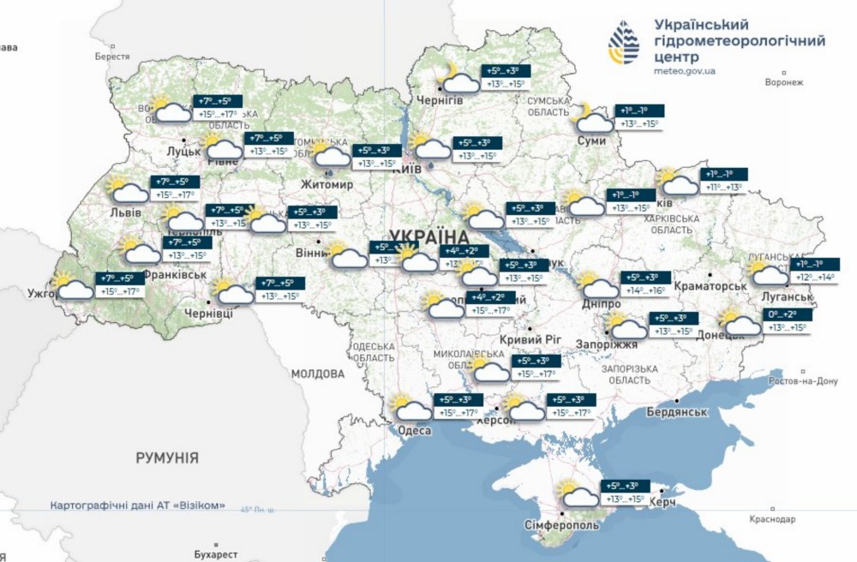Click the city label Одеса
(x=416, y=430)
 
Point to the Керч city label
(x=663, y=500)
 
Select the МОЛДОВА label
(x=317, y=374)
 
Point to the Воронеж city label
(x=783, y=83)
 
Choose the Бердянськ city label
(x=677, y=412)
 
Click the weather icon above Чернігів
(x=458, y=80)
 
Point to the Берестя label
(x=112, y=56)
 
